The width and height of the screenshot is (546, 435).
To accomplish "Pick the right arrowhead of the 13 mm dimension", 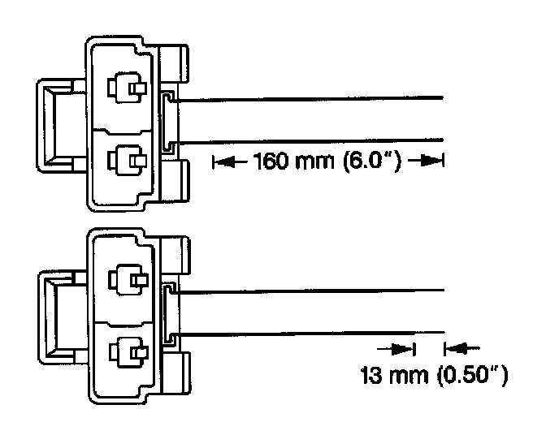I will [x=455, y=349].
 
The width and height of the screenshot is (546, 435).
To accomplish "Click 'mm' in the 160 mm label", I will [x=313, y=162].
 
